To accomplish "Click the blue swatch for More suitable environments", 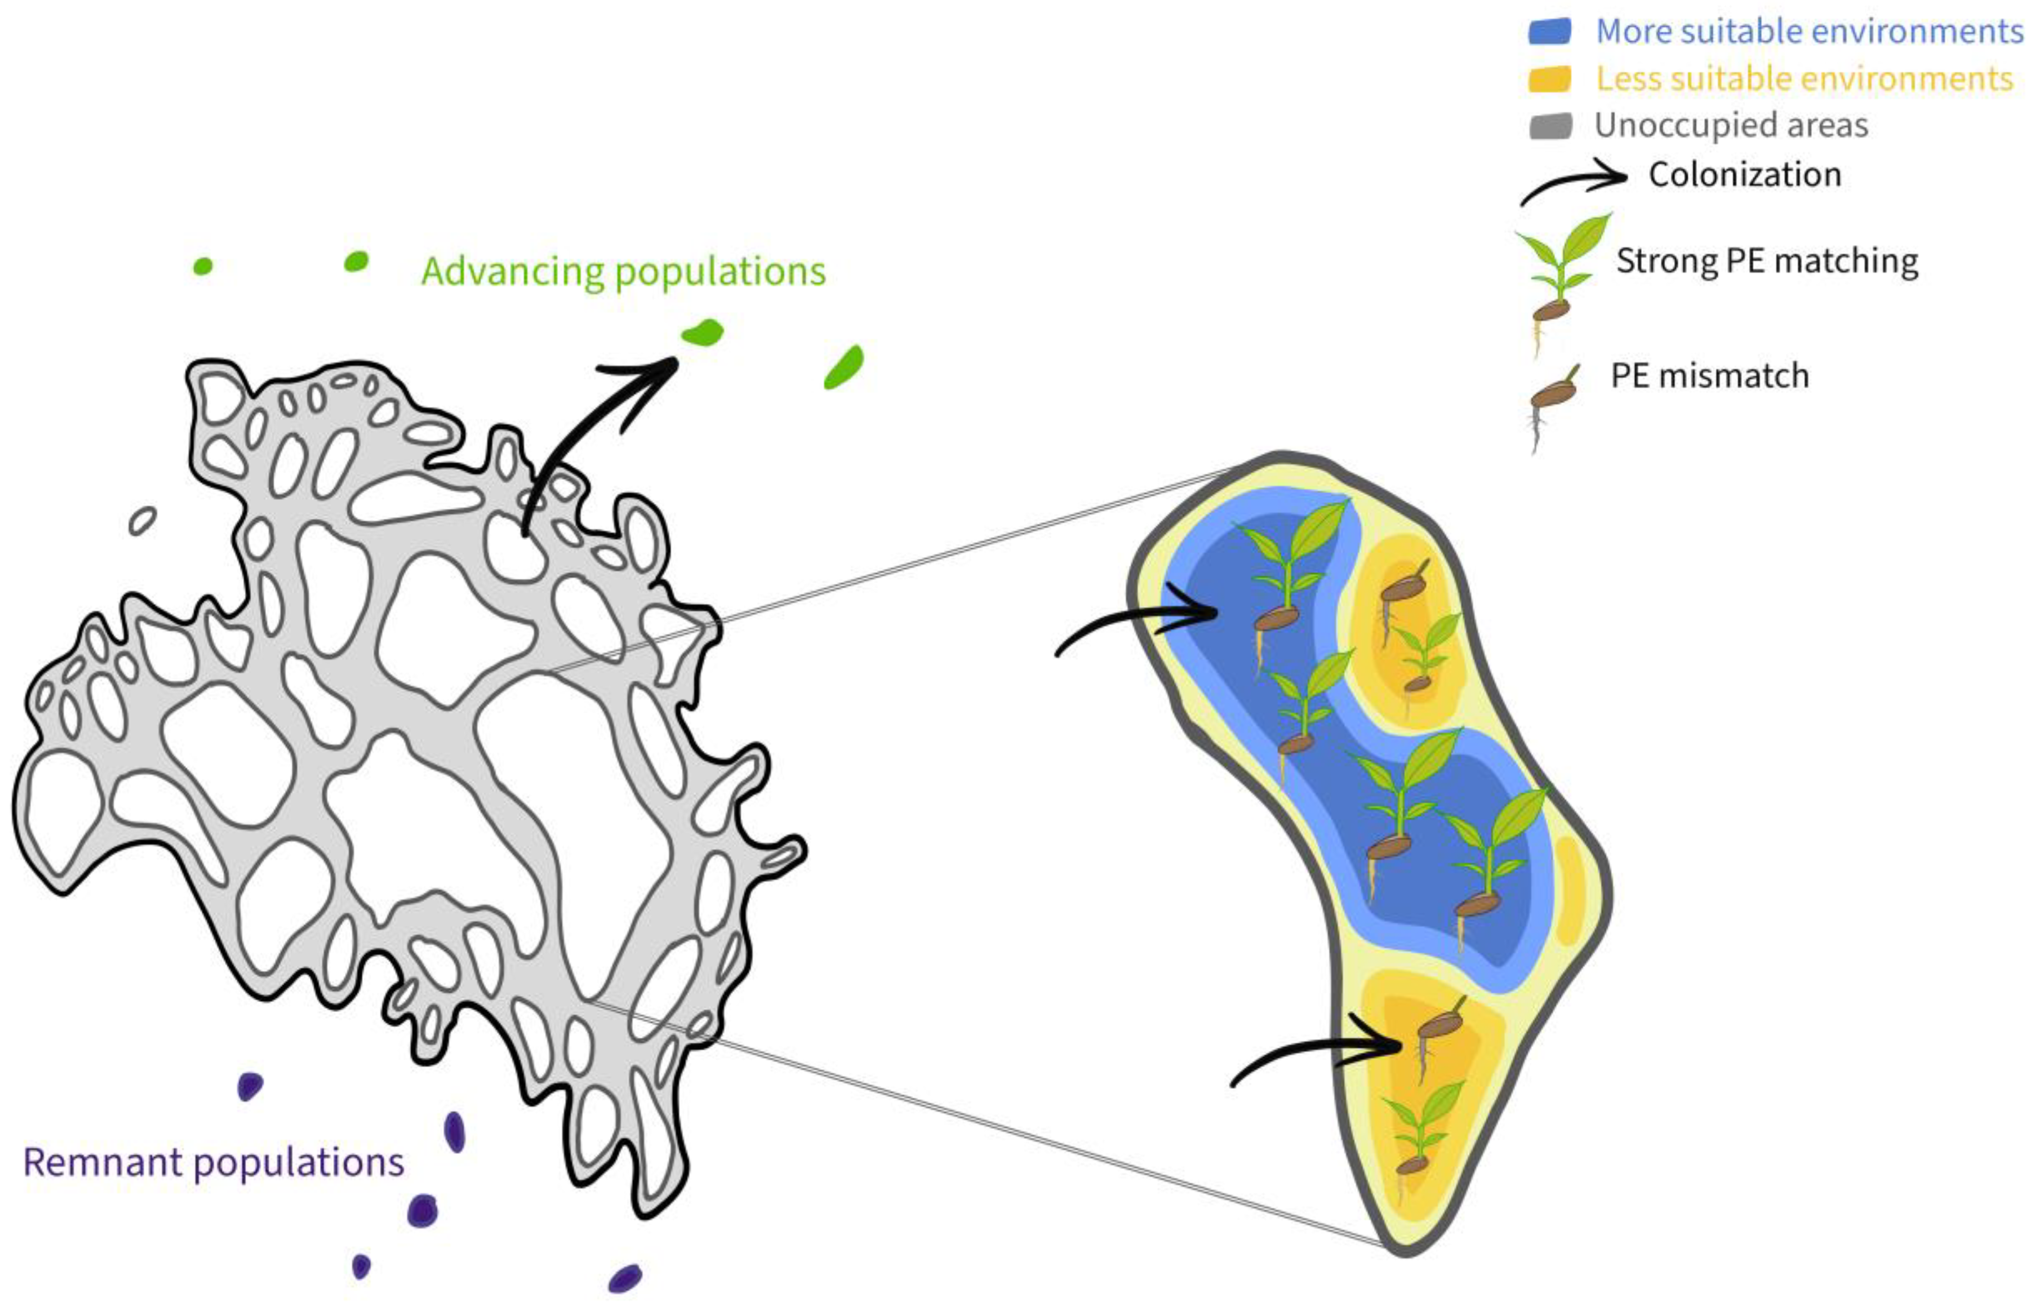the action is coord(1550,31).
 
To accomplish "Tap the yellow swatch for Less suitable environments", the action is coord(1550,79).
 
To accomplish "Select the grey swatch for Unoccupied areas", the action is coord(1550,126).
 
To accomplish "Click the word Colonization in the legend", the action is coord(1744,175).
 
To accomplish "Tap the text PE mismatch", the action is coord(1710,375).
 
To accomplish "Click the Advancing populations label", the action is coord(623,272).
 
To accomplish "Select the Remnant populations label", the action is coord(213,1163).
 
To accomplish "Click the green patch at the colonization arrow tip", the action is coord(703,333).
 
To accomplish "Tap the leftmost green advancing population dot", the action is coord(203,266).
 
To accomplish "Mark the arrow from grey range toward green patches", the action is coord(592,423).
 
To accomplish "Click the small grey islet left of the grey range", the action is coord(142,521).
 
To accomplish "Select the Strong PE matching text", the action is coord(1767,261).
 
